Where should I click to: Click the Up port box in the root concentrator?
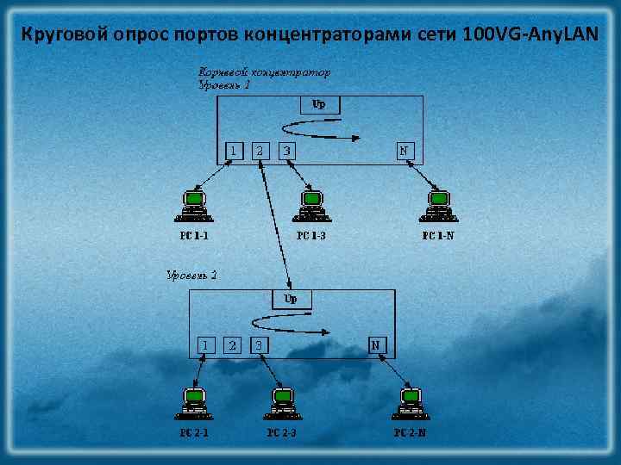click(319, 105)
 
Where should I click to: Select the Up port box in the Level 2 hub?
click(292, 300)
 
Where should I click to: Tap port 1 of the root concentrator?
click(232, 151)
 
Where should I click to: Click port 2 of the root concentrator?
click(260, 151)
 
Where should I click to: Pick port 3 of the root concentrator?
click(287, 151)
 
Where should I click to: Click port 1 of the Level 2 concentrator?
click(204, 344)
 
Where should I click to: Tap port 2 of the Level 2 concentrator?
click(232, 344)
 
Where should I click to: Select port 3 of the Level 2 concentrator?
click(259, 344)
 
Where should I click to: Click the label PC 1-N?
click(438, 234)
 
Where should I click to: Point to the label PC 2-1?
click(194, 432)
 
